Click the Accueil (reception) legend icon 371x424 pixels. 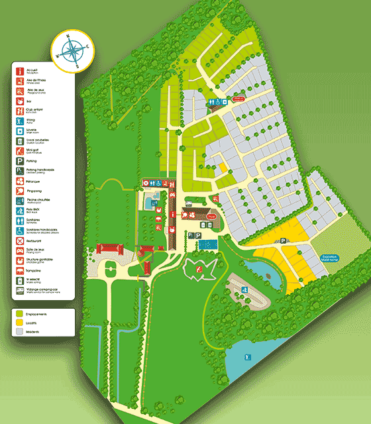[x=21, y=70]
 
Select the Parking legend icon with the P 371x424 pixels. [x=21, y=160]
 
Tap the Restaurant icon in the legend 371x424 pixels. [x=21, y=241]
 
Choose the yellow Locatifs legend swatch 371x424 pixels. [x=20, y=321]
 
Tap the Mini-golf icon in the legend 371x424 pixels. [x=21, y=150]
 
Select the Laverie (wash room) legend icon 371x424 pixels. [x=21, y=131]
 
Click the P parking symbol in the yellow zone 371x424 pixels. [x=283, y=242]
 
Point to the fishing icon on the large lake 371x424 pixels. [x=246, y=357]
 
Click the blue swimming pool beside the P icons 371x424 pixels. [x=210, y=244]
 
